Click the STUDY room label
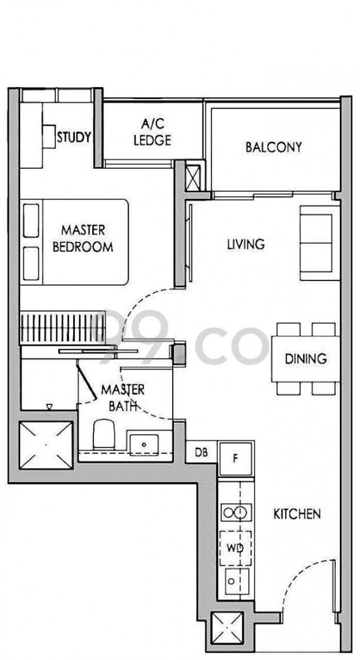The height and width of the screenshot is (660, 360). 74,137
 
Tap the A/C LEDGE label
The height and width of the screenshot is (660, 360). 152,132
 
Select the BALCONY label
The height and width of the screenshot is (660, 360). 274,147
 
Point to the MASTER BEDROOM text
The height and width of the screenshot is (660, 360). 83,238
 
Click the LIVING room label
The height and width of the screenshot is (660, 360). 246,244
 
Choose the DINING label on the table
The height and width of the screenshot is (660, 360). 305,359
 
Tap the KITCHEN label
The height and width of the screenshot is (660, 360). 297,514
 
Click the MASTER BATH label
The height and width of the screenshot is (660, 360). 123,398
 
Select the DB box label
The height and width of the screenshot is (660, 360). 201,453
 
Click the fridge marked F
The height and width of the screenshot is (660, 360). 236,459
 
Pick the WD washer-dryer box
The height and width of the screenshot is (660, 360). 235,549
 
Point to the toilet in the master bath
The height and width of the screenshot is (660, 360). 103,433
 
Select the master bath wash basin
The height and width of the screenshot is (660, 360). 144,445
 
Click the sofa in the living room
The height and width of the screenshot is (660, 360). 319,243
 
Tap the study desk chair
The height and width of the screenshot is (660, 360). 49,137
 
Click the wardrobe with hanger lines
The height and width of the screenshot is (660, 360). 62,328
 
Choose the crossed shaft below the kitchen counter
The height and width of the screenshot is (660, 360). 227,628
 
